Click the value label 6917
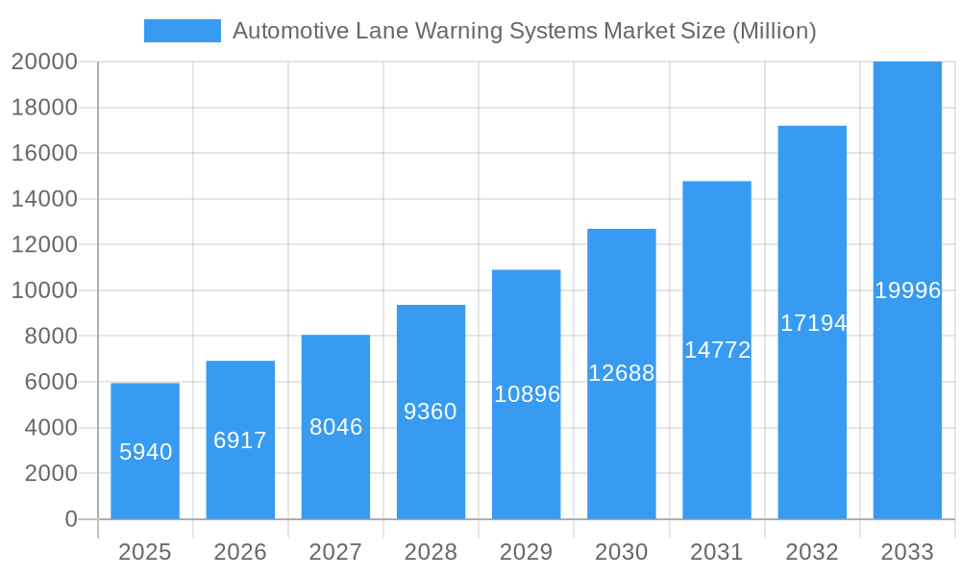(x=240, y=440)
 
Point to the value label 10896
(x=527, y=394)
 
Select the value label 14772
(x=717, y=350)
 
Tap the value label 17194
(x=813, y=323)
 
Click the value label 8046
(x=335, y=427)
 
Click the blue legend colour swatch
(x=183, y=31)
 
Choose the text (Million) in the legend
(x=774, y=31)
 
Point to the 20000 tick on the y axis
(x=43, y=62)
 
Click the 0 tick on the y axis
(x=70, y=519)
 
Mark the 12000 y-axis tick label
(x=43, y=244)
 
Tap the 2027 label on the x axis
(x=335, y=552)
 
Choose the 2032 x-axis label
(x=812, y=552)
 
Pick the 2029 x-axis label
(x=527, y=552)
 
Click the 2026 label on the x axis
(x=240, y=552)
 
